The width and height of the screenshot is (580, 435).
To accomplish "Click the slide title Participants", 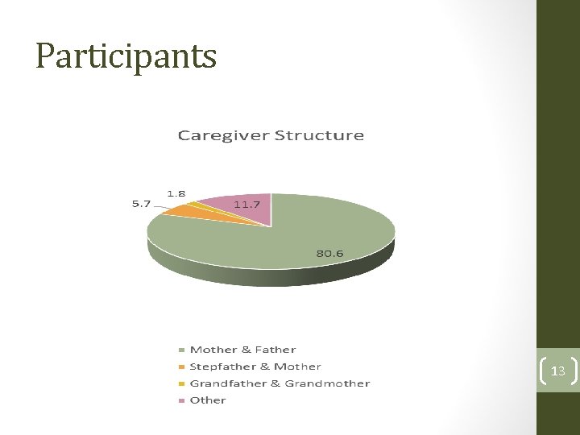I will [x=126, y=56].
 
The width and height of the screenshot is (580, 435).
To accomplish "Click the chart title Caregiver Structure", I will [x=271, y=135].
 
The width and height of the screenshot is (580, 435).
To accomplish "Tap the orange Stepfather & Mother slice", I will [x=184, y=211].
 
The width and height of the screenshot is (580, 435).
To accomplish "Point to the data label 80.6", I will [x=329, y=253].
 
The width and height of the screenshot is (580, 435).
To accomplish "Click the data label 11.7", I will [x=246, y=205].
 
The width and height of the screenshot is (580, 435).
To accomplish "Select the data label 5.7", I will [x=141, y=204].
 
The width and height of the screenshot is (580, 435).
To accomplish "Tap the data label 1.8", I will [x=176, y=193].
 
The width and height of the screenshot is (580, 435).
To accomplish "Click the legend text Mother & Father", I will [x=242, y=350].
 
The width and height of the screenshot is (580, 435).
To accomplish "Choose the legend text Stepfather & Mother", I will [x=255, y=367].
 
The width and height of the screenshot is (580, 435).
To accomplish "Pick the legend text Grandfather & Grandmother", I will [x=280, y=383].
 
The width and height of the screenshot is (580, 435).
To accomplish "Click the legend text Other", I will [x=208, y=400].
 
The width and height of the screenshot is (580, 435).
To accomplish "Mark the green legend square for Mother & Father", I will [x=181, y=350].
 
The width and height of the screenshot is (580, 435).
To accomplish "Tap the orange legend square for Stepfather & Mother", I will [x=181, y=367].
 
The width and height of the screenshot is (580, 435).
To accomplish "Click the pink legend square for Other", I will [x=181, y=400].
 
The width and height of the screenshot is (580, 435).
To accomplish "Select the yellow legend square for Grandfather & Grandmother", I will [x=181, y=384].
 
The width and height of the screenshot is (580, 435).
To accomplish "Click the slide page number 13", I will [x=557, y=371].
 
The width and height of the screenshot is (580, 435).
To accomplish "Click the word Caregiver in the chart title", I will [x=222, y=135].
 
